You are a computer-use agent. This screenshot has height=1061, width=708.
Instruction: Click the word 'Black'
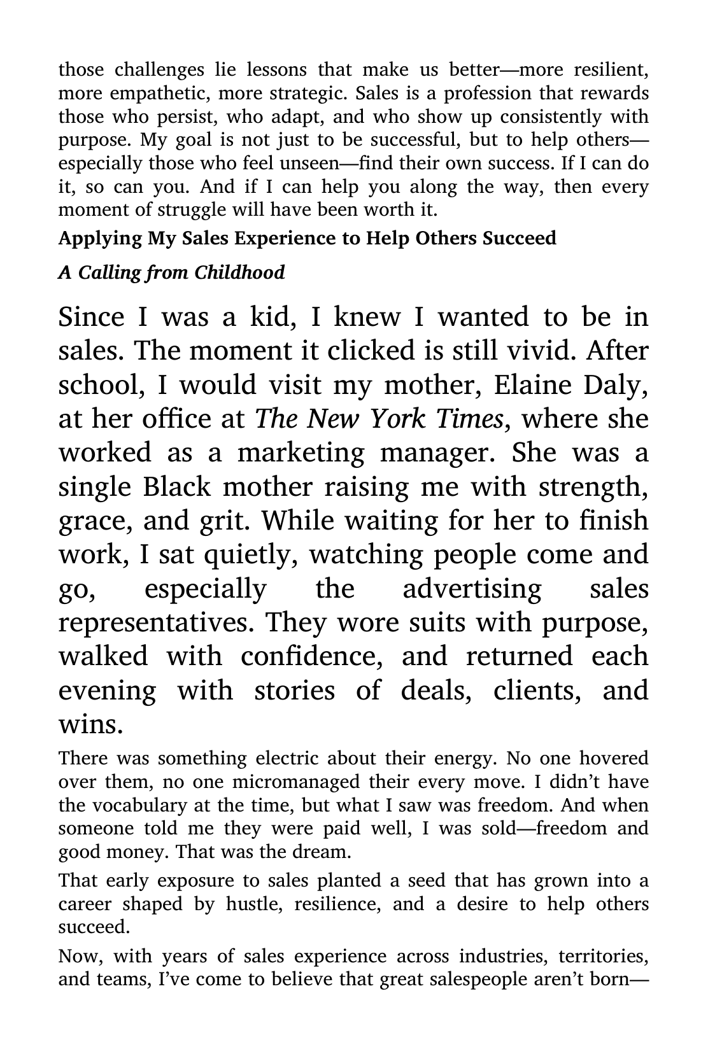tap(176, 487)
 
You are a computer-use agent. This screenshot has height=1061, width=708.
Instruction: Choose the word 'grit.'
tap(222, 521)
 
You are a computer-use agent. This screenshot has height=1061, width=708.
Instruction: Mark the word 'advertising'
tap(472, 589)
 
